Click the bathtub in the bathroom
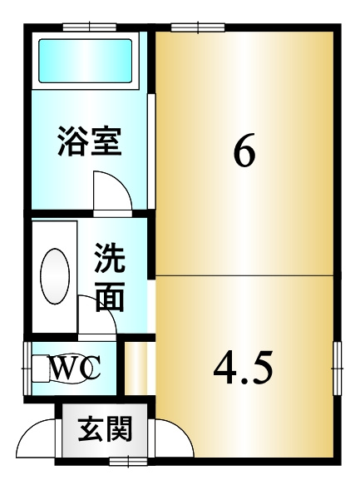tap(86, 60)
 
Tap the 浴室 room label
tap(90, 142)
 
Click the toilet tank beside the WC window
tap(39, 367)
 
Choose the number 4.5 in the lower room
tap(243, 367)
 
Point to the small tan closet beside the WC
tap(134, 367)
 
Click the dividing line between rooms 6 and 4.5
tap(245, 273)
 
